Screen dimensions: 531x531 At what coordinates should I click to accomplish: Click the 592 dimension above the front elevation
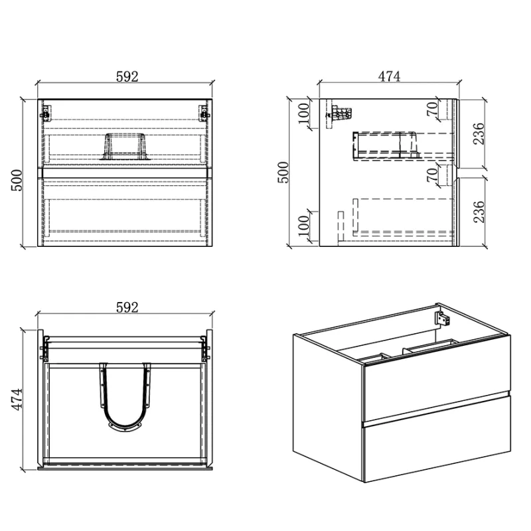click(127, 77)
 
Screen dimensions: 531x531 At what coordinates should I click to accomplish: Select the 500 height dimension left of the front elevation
click(17, 181)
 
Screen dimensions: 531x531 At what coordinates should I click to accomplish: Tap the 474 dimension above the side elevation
click(389, 76)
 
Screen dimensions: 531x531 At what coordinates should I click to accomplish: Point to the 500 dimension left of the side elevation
click(283, 173)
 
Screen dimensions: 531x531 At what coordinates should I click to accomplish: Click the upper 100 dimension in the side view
click(304, 114)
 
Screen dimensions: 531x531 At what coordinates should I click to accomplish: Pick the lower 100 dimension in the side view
click(304, 226)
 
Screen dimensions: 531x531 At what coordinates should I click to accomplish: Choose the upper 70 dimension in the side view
click(433, 109)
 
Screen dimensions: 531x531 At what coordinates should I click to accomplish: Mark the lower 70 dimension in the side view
click(433, 175)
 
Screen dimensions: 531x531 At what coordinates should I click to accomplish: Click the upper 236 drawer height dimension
click(479, 134)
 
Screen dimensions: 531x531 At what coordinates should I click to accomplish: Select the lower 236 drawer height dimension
click(479, 212)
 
